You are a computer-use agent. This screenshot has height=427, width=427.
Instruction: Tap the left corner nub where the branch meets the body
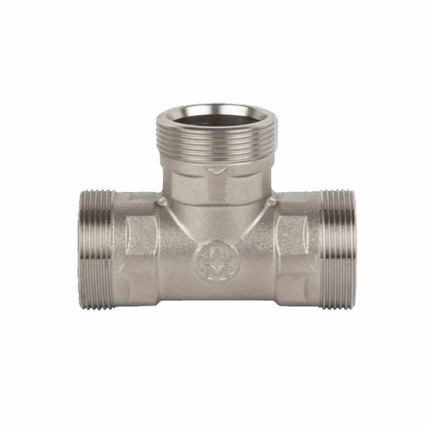click(x=162, y=202)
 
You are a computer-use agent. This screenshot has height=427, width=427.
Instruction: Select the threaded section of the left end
click(x=95, y=249)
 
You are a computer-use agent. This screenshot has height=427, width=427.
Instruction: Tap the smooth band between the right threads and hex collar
click(x=316, y=249)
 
